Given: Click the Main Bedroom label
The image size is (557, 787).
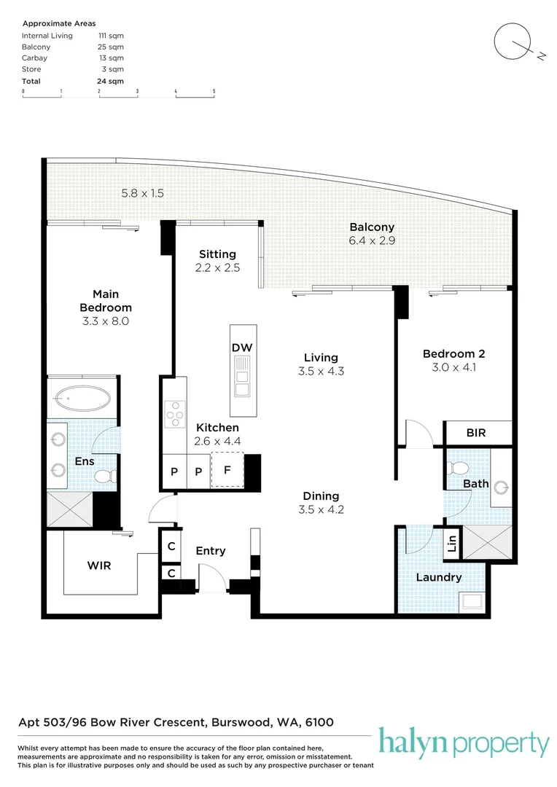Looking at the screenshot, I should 106,301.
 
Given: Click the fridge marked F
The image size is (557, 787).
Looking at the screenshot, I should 227,470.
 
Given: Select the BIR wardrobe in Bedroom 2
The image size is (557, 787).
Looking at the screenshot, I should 475,433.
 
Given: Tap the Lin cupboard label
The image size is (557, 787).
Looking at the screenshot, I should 452,543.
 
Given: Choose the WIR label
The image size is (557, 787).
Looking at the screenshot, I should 99,565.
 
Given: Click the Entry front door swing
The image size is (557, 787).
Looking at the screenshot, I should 211,579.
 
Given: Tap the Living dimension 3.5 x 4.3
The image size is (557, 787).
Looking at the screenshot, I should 321,371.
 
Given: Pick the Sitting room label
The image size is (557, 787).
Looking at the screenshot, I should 218,254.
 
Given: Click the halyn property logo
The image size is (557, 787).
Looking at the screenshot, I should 464,744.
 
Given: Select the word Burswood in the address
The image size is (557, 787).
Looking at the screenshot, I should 238,723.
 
